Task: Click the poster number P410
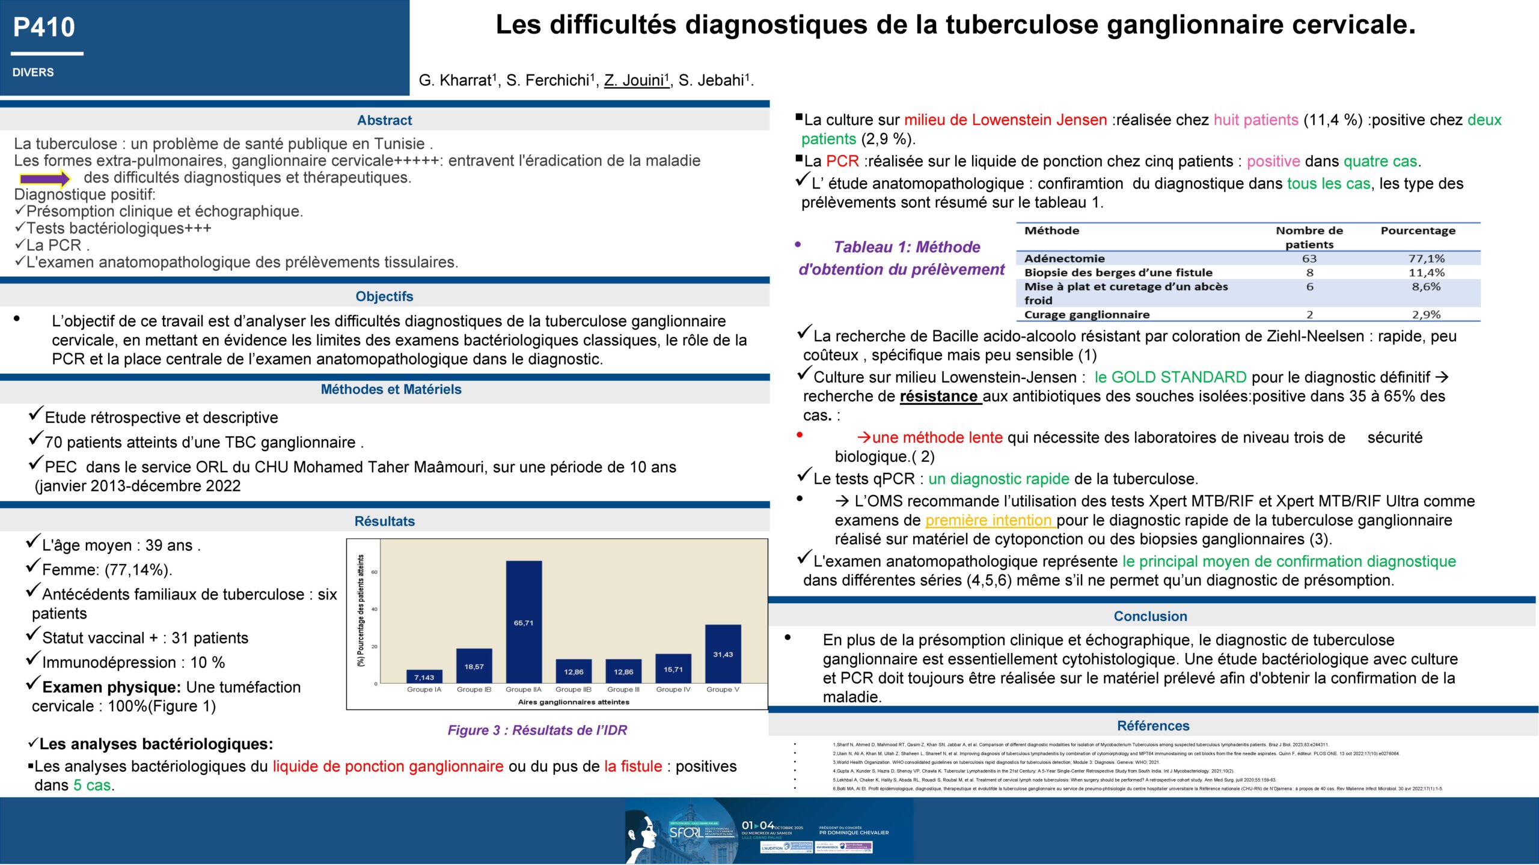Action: tap(44, 28)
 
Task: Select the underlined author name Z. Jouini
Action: tap(637, 80)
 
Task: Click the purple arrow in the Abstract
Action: tap(45, 178)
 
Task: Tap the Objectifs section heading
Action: tap(384, 296)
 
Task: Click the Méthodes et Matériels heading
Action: tap(391, 389)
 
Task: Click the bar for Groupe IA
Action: tap(424, 676)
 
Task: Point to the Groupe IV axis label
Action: tap(673, 690)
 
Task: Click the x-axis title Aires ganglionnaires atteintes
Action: tap(574, 702)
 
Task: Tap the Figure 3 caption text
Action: tap(537, 730)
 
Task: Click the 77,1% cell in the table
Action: tap(1427, 259)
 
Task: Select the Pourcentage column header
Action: tap(1418, 231)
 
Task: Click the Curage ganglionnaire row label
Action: tap(1086, 315)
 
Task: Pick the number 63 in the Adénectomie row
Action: tap(1309, 259)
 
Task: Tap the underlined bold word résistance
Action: tap(938, 396)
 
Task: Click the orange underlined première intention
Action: tap(989, 520)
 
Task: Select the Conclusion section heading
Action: tap(1150, 616)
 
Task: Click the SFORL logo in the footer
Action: tap(685, 833)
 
